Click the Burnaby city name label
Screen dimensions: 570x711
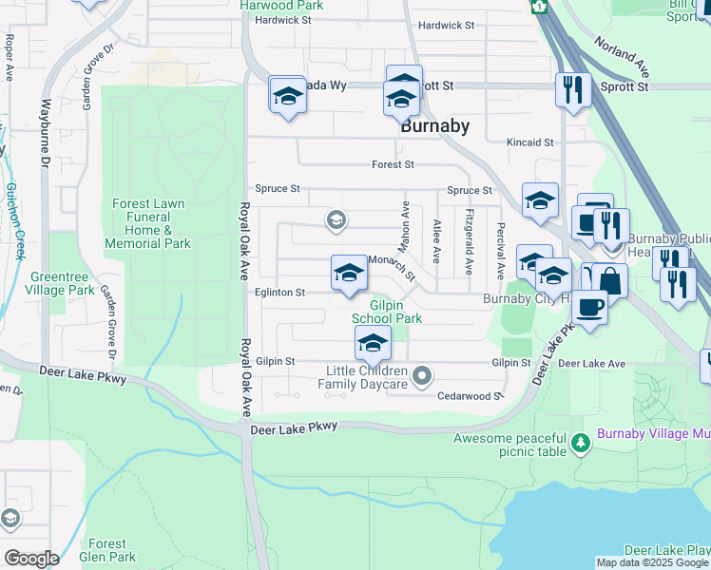(x=434, y=126)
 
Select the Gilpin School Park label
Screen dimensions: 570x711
(x=387, y=312)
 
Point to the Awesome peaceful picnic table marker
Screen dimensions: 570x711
(x=579, y=443)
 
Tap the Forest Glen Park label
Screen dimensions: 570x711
(x=107, y=550)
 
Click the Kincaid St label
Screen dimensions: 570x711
(x=529, y=142)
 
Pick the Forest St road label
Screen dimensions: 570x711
(x=393, y=164)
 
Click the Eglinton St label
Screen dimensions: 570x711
(x=279, y=294)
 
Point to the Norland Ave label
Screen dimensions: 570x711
(x=623, y=57)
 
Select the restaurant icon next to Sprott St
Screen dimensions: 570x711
(x=572, y=89)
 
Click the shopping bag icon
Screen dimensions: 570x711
(x=608, y=281)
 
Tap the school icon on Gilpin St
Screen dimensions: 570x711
(x=373, y=344)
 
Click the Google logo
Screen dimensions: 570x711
(x=30, y=559)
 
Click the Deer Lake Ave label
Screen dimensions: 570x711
(x=591, y=363)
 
